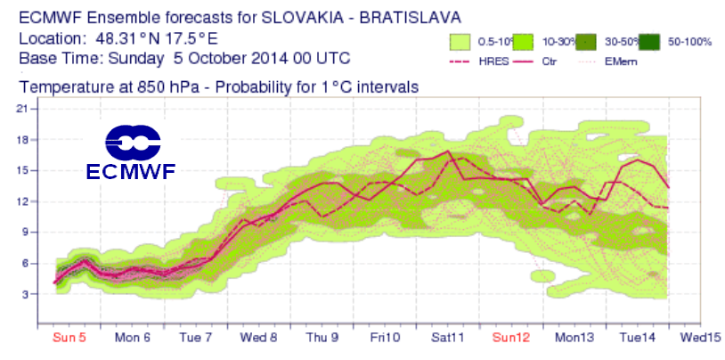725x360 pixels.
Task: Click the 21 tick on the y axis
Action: [x=24, y=109]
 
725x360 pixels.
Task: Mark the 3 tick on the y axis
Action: [x=28, y=294]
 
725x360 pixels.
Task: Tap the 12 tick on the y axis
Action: [x=24, y=201]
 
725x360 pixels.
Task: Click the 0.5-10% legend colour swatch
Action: [x=460, y=41]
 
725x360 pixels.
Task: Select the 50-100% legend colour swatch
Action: [x=649, y=41]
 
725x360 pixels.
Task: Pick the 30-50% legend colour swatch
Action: [x=585, y=41]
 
